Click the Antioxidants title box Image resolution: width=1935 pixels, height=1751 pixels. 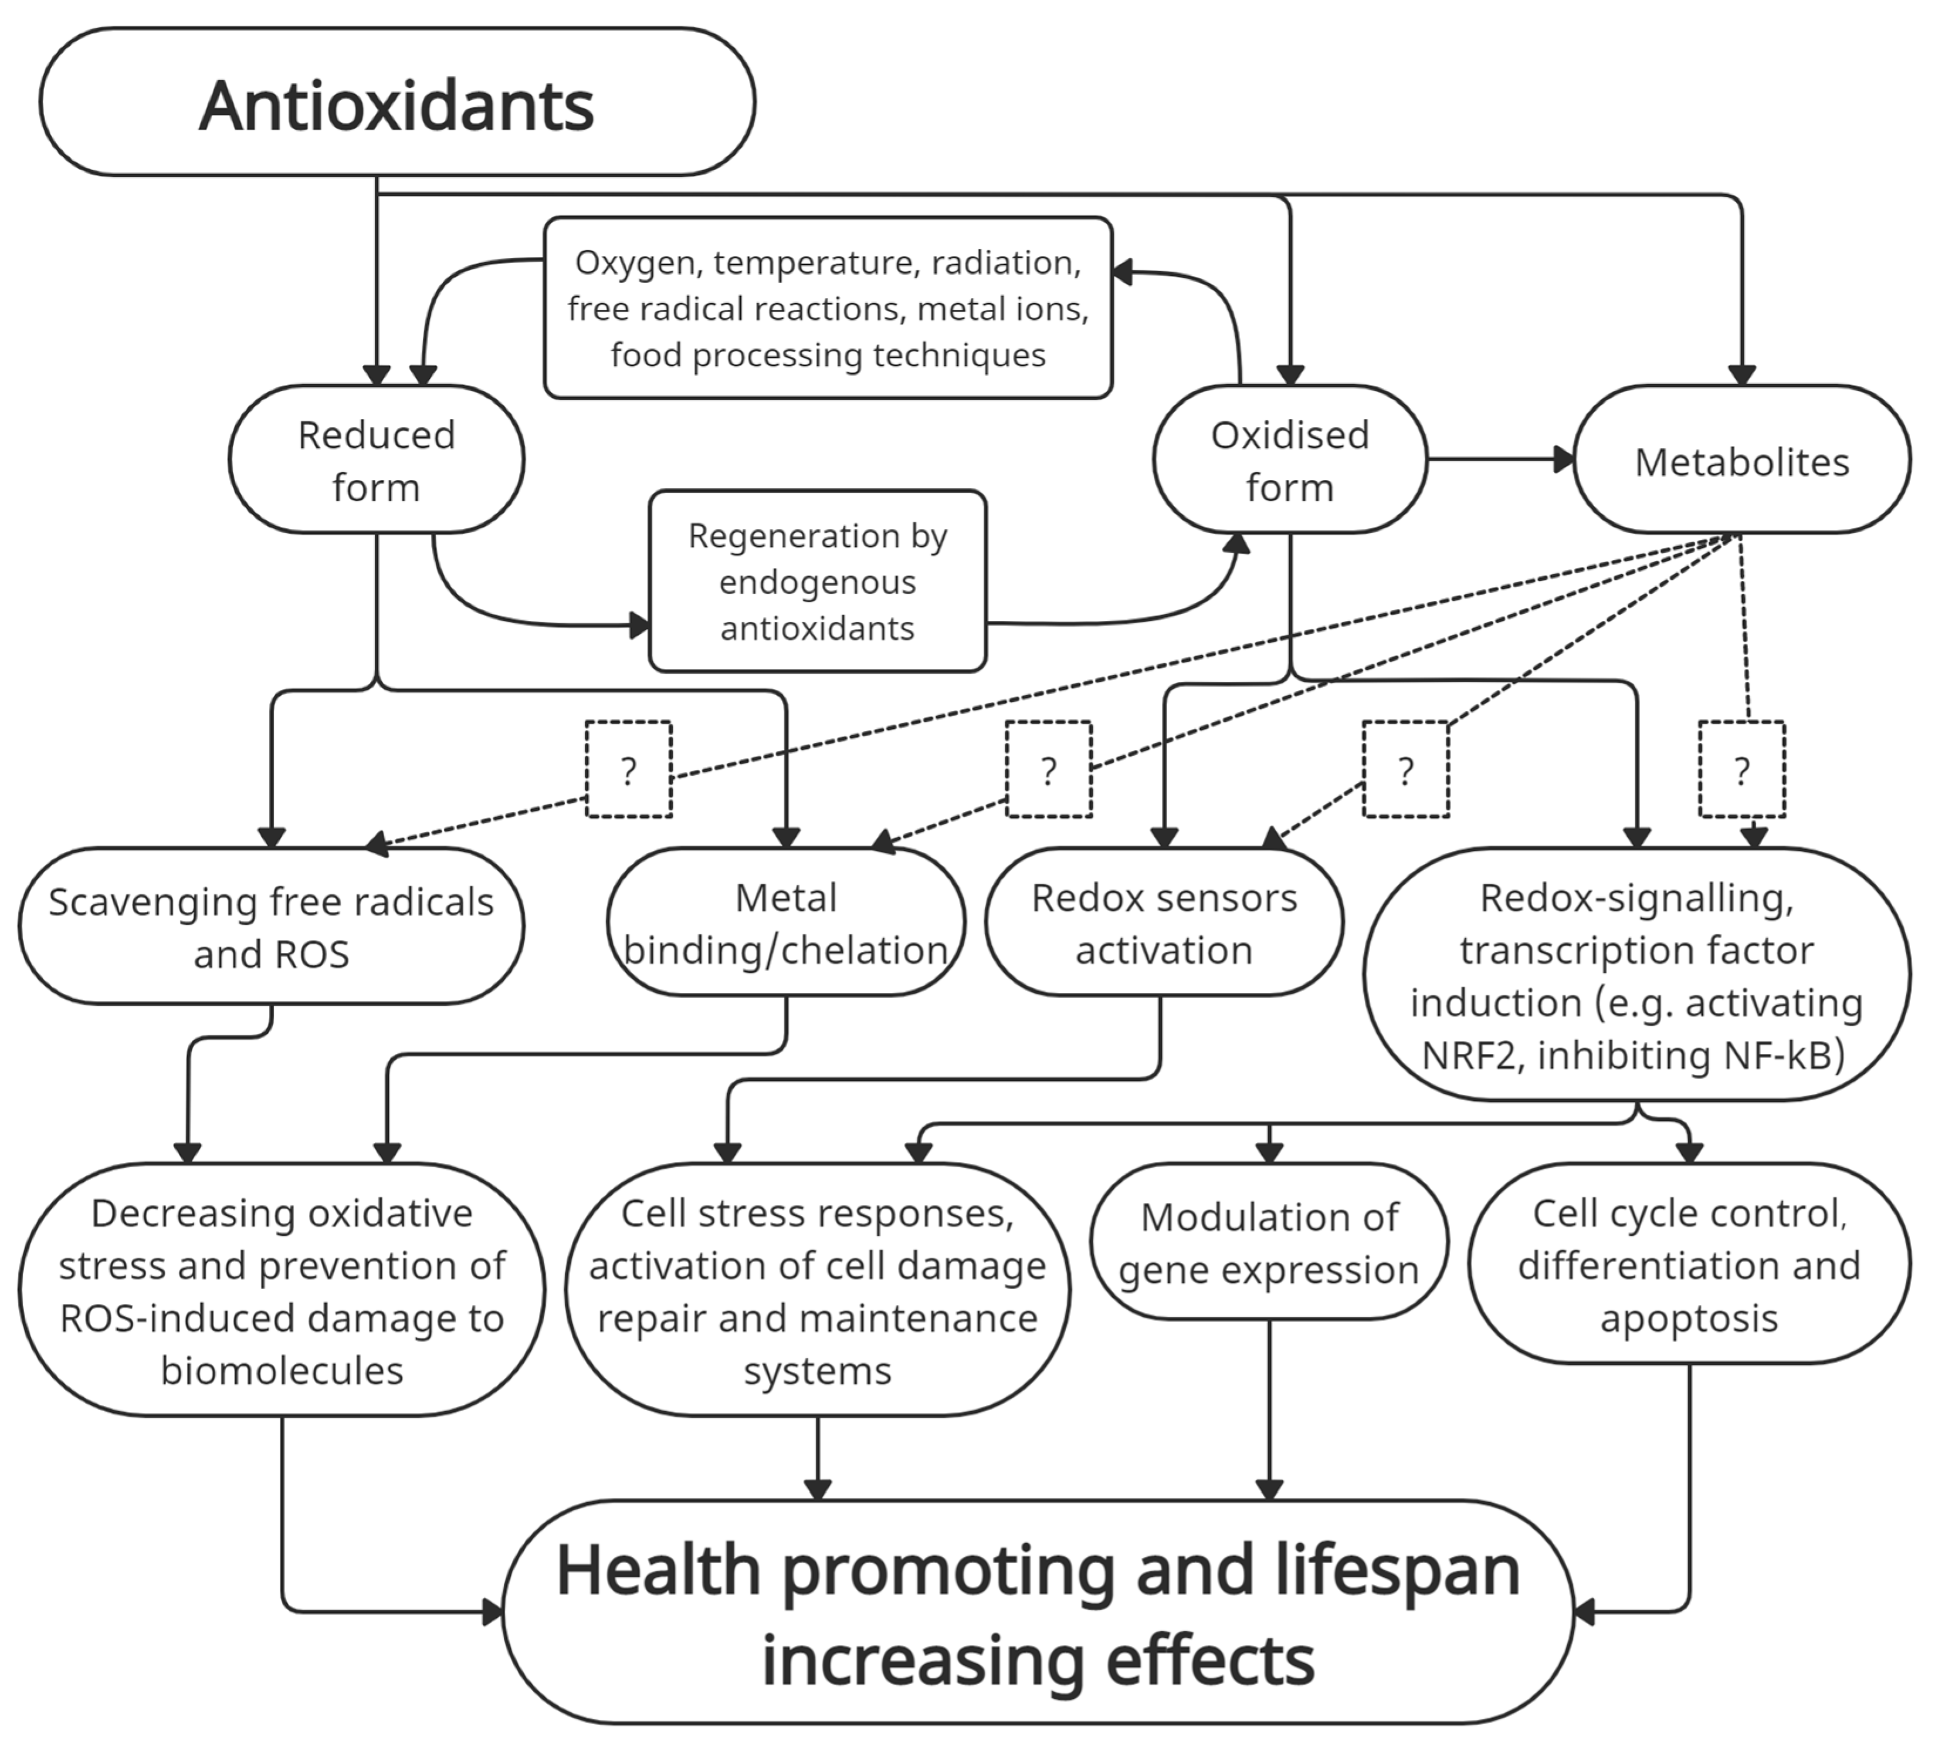coord(397,103)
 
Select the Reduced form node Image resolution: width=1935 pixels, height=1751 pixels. coord(376,460)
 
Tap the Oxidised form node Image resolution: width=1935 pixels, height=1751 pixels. coord(1289,460)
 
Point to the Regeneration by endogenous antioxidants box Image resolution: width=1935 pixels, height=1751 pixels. coord(817,581)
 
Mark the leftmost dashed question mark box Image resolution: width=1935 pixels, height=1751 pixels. coord(629,770)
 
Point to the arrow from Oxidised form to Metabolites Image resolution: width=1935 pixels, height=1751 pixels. coord(1499,460)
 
